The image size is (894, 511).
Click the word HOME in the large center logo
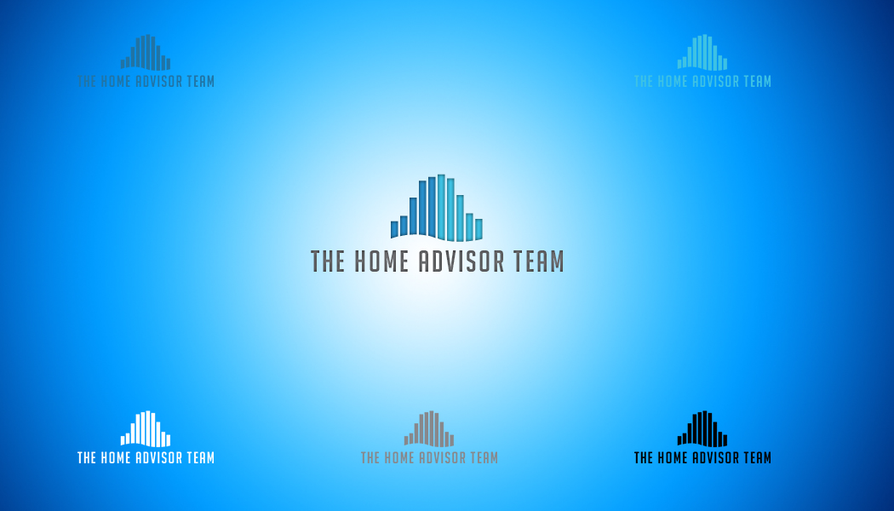pyautogui.click(x=381, y=261)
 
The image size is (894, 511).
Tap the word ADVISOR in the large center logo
pyautogui.click(x=461, y=261)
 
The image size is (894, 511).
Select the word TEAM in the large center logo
pyautogui.click(x=539, y=261)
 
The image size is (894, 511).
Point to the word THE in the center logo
pyautogui.click(x=328, y=261)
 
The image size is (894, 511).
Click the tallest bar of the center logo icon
pyautogui.click(x=441, y=206)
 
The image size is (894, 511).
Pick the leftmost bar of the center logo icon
pyautogui.click(x=394, y=229)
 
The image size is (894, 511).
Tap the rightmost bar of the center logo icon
pyautogui.click(x=479, y=229)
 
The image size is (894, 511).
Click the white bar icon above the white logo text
pyautogui.click(x=146, y=428)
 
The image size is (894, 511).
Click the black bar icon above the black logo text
pyautogui.click(x=702, y=428)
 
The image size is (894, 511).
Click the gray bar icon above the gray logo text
pyautogui.click(x=429, y=428)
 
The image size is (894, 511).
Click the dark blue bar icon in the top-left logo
pyautogui.click(x=146, y=52)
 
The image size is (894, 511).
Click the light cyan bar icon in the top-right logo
pyautogui.click(x=702, y=52)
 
